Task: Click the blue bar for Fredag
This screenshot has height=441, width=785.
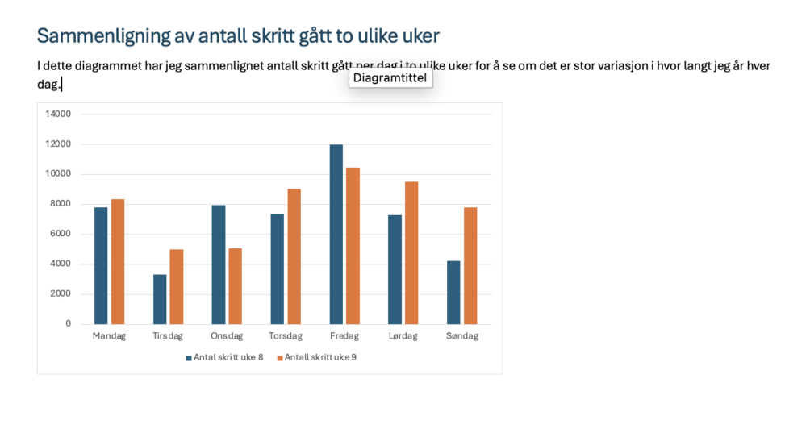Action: [x=336, y=234]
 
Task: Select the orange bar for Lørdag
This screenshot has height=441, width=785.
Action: [x=411, y=252]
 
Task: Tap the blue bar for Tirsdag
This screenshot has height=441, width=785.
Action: [x=160, y=298]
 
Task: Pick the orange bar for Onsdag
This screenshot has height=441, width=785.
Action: [x=235, y=285]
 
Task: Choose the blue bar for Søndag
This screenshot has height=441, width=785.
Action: [x=453, y=292]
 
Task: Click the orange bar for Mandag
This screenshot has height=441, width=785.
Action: [x=118, y=261]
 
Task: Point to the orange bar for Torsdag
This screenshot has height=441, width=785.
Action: [x=294, y=256]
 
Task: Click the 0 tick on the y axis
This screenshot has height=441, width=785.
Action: [x=69, y=324]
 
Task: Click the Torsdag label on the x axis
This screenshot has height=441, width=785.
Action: [x=286, y=336]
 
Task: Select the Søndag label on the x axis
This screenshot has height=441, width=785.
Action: [x=461, y=336]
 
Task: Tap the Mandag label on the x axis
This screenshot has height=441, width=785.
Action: [x=110, y=336]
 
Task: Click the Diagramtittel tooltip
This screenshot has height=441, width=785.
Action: [x=390, y=78]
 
